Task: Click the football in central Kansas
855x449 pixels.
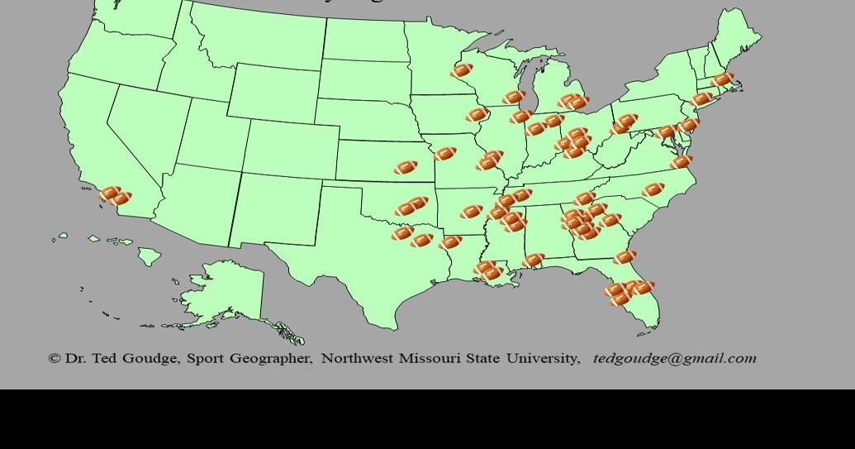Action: [x=405, y=168]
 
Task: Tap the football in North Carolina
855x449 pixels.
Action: [x=653, y=190]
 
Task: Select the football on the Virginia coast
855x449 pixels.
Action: [x=681, y=162]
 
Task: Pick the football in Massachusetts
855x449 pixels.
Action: [x=722, y=80]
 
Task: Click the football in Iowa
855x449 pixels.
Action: [x=477, y=115]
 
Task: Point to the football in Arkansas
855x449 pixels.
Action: [x=472, y=213]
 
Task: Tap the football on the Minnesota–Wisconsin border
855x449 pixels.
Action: [x=462, y=71]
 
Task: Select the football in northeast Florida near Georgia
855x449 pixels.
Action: [x=625, y=257]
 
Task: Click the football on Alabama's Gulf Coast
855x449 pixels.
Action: [x=533, y=260]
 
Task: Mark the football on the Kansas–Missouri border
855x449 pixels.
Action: [x=444, y=154]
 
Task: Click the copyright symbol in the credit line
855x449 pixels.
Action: [x=55, y=359]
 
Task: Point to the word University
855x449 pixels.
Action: [x=542, y=359]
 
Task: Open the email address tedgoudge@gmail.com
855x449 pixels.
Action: [x=674, y=359]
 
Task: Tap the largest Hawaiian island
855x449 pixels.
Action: [x=148, y=257]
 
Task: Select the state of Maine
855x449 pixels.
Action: [x=738, y=41]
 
